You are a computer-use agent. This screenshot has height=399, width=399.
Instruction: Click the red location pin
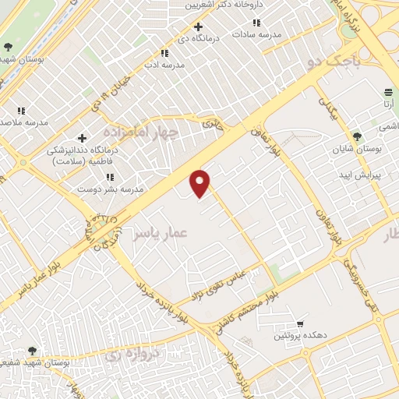point(200,182)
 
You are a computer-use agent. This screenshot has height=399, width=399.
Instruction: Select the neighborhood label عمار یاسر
point(160,232)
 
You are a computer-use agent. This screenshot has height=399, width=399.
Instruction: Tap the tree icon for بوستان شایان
point(356,136)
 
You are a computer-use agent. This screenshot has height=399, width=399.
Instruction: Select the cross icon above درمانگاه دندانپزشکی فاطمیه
point(82,138)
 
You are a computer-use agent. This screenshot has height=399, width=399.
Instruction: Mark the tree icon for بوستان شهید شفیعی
point(32,351)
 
